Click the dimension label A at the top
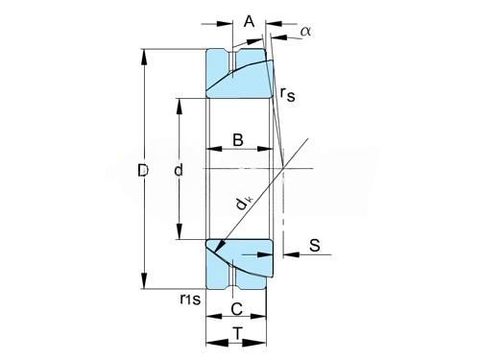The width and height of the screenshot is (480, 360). point(249,22)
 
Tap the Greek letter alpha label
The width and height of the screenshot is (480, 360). point(306,32)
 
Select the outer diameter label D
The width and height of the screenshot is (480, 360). point(143,170)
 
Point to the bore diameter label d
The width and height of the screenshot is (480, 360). point(179,170)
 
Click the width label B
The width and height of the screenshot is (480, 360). point(238,140)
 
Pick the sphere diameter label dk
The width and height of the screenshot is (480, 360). point(244,204)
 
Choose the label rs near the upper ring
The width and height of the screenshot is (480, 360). point(288,94)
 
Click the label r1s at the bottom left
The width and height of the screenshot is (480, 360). point(190,299)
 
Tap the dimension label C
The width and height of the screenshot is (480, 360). point(237,309)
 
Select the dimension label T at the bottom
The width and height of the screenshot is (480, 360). point(237,334)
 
